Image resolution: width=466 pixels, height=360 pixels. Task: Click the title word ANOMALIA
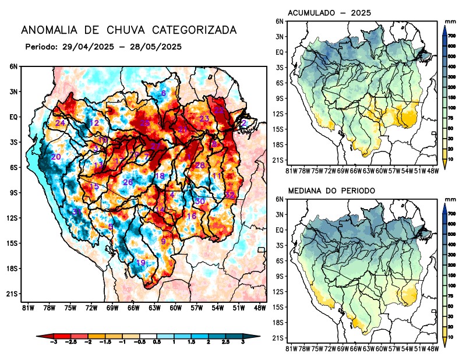point(45,30)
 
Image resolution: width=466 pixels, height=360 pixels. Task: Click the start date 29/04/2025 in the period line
point(83,46)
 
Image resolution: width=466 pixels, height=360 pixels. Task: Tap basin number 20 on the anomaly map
point(56,157)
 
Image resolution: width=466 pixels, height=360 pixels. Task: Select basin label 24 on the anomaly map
point(60,123)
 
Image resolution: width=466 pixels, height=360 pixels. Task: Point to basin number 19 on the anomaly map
point(140,263)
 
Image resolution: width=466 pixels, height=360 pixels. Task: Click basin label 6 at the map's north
point(163,94)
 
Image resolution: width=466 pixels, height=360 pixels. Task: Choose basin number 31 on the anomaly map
point(77,211)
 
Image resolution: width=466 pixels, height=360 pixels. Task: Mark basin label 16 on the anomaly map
point(191,216)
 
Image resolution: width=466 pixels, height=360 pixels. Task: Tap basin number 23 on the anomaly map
point(204,119)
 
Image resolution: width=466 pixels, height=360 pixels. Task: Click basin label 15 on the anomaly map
point(94,186)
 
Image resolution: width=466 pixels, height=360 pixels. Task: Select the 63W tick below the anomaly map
point(154,307)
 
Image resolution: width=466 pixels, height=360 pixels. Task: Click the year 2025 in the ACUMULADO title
point(361,13)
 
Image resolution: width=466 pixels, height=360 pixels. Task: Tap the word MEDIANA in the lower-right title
point(306,190)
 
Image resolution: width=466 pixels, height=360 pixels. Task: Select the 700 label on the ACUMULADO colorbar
point(451,36)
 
